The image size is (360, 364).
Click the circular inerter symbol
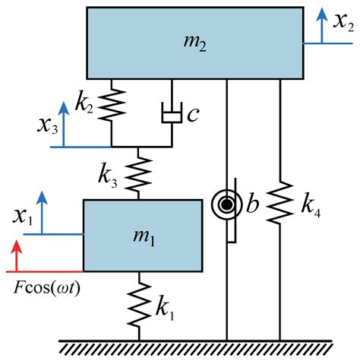tap(227, 204)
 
